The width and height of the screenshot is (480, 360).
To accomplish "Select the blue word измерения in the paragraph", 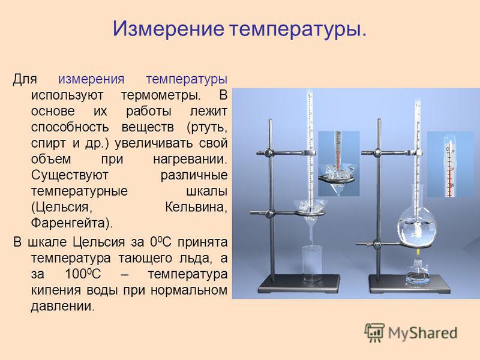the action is point(91,79).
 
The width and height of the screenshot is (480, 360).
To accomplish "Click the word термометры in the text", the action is point(161,95).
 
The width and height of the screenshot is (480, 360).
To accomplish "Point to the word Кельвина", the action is point(196,207).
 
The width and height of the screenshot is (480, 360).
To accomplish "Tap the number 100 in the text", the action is point(76,274).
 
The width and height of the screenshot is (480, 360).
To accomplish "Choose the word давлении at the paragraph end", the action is point(63,306).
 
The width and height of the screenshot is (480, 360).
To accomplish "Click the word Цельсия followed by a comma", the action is point(62,208).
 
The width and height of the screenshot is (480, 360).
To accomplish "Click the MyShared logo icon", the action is point(374,332).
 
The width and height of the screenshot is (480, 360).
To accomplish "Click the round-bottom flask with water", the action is point(416,225).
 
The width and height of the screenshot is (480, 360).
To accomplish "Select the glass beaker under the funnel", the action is point(313,264).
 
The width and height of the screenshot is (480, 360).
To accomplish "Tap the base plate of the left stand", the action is point(299,284).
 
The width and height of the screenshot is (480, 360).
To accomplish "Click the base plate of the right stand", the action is point(409,284).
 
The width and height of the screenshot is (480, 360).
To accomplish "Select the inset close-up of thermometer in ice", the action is point(338,163).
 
